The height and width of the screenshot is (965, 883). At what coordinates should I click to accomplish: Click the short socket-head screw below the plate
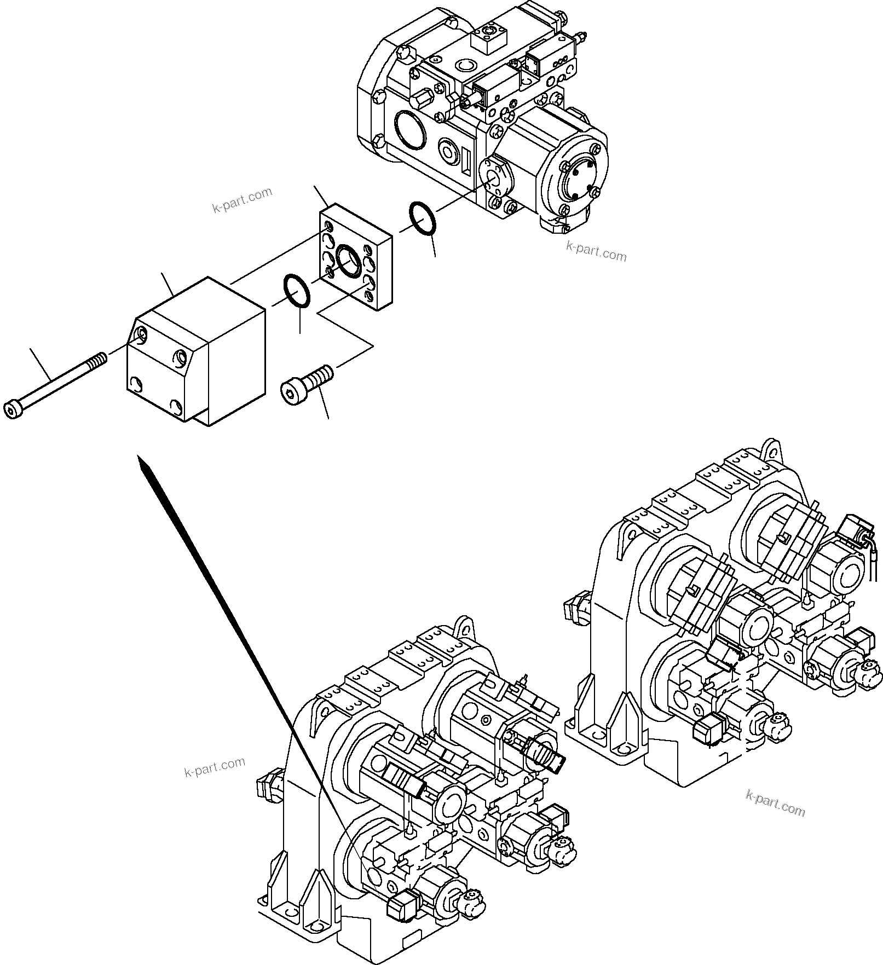click(307, 383)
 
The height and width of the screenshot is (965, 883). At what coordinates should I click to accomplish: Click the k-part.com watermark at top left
click(241, 200)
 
